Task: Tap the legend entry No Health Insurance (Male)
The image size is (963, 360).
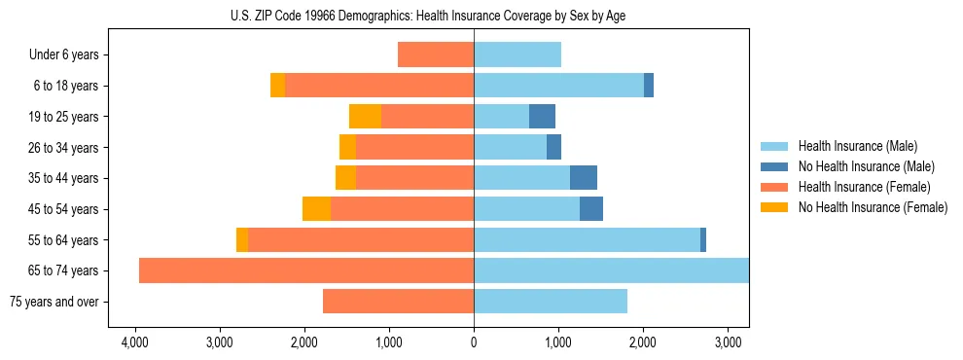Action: point(866,166)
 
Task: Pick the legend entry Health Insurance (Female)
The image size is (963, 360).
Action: point(864,187)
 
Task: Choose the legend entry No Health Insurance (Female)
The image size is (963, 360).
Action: point(873,207)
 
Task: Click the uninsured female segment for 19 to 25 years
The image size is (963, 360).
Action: point(365,117)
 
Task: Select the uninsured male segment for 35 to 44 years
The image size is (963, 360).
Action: point(584,178)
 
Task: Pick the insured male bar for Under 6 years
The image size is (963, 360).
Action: point(517,55)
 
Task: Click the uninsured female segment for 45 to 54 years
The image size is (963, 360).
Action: point(316,209)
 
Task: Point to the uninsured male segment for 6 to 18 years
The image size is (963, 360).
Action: point(649,86)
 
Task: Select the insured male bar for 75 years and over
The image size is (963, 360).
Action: point(551,302)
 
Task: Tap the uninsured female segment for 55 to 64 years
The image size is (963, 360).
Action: point(242,240)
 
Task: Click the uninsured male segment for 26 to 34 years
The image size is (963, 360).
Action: point(553,148)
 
